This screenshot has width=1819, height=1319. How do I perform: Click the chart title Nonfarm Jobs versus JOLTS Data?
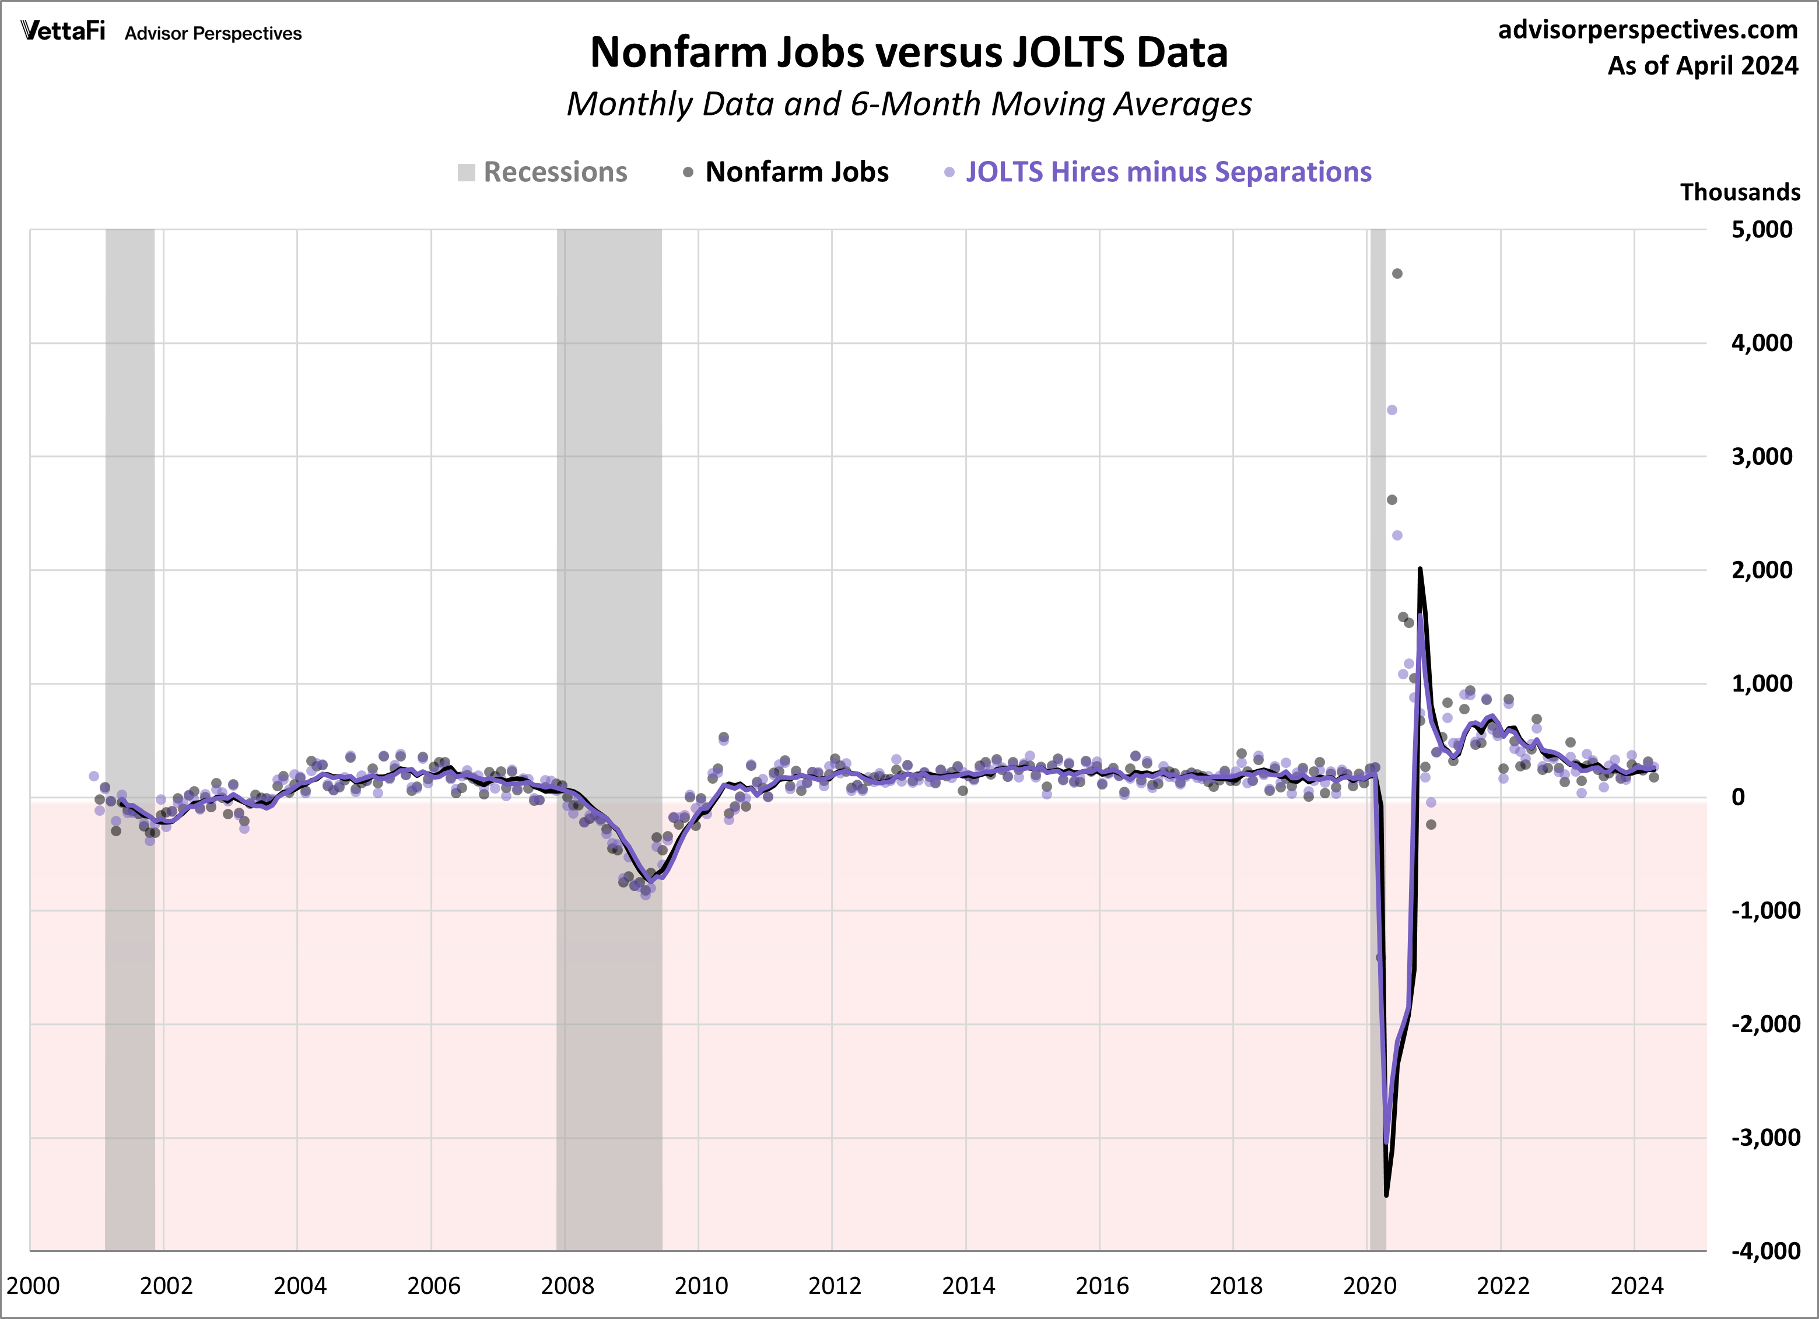[909, 53]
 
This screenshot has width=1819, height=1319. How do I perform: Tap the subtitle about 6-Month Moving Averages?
[909, 104]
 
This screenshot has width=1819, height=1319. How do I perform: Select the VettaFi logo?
[62, 31]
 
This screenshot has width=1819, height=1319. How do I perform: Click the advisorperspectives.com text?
[1648, 30]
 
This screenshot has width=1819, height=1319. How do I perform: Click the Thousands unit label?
[1740, 192]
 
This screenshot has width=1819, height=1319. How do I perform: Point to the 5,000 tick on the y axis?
[1761, 230]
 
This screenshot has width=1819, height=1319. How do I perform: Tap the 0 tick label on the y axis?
[1738, 798]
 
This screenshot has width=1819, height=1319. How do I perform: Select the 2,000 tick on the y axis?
[1761, 571]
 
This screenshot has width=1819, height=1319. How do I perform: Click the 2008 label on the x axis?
[567, 1286]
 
